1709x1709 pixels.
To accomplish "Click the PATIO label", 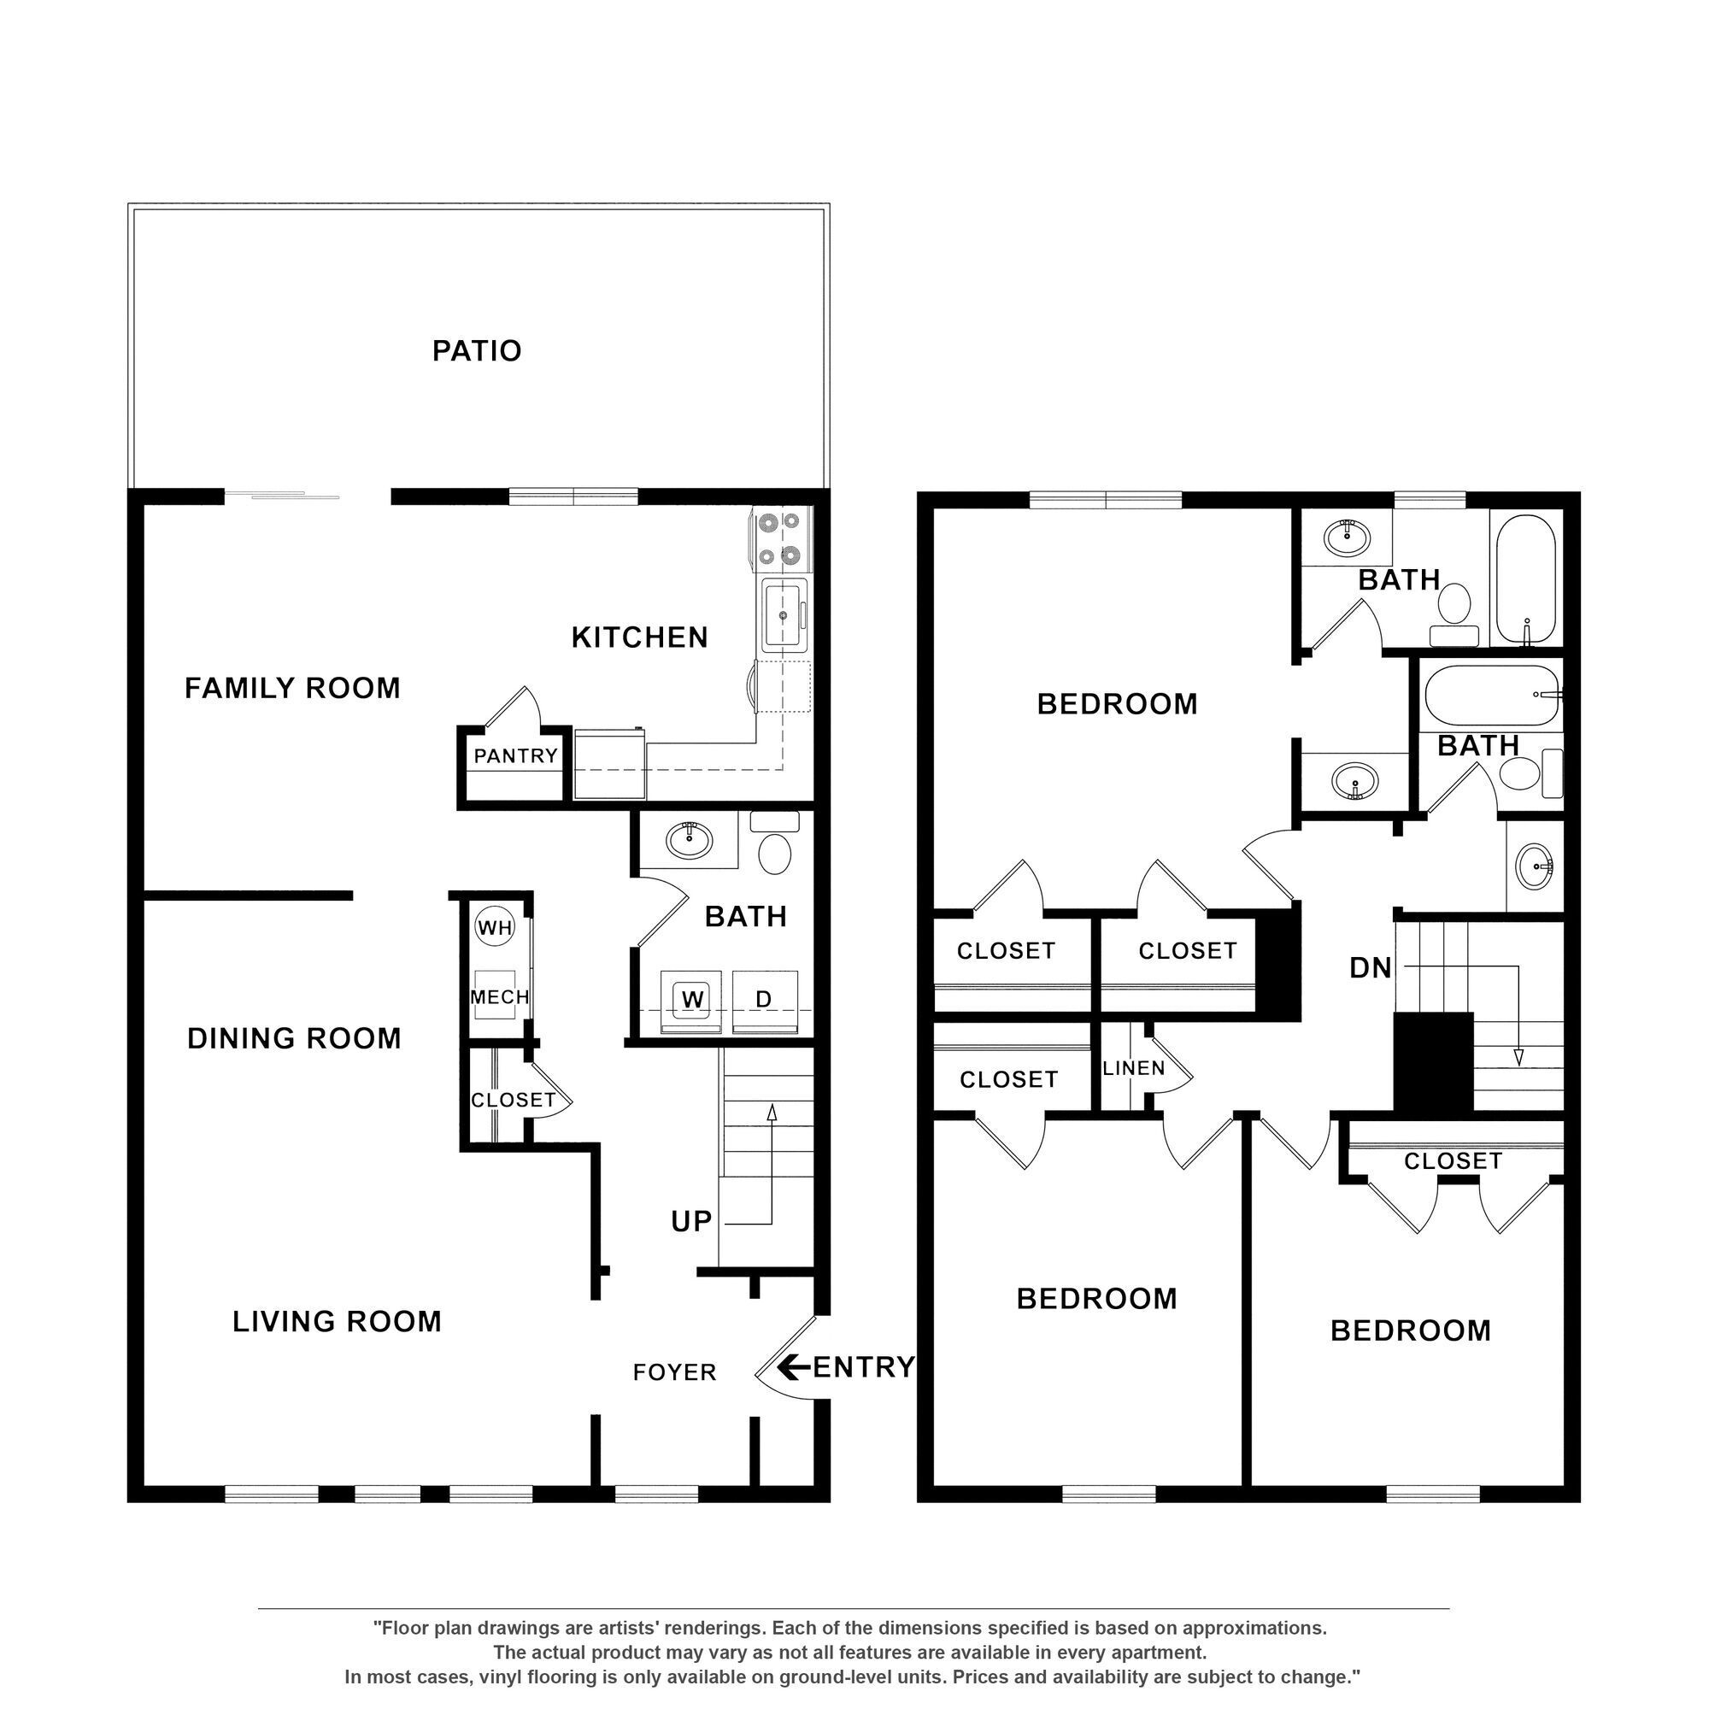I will coord(477,351).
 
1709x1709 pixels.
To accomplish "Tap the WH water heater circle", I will coord(495,928).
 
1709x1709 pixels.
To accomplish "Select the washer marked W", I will coord(693,1000).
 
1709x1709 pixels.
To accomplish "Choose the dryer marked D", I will coord(763,1000).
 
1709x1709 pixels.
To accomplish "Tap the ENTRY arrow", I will coord(794,1367).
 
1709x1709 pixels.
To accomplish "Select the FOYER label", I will coord(674,1372).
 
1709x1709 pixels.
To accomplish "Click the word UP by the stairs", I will coord(690,1222).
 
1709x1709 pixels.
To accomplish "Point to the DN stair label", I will coord(1371,969).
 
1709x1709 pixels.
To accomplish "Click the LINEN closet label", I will coord(1133,1069).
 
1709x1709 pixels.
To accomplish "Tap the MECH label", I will coord(499,997).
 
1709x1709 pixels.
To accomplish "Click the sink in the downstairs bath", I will coord(689,839).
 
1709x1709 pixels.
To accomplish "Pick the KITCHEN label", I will coord(639,637).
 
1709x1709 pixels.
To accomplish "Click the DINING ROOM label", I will coord(294,1037).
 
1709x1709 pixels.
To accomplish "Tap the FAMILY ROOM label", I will coord(292,687).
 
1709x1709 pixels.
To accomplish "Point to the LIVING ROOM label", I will coord(336,1322).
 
